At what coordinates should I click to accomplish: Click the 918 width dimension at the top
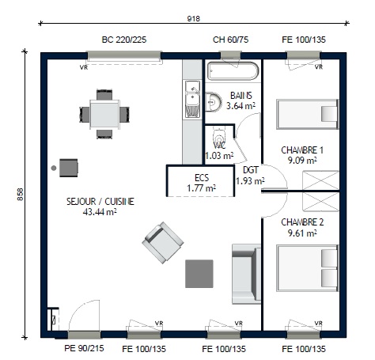tap(194, 19)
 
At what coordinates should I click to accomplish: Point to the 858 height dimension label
tap(21, 195)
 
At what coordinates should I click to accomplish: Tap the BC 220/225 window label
tap(124, 40)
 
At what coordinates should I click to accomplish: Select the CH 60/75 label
tap(230, 40)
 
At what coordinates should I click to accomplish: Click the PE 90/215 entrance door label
tap(84, 348)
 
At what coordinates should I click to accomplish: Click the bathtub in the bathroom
tap(233, 71)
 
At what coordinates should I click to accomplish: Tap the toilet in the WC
tap(219, 137)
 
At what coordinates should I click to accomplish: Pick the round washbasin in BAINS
tap(214, 102)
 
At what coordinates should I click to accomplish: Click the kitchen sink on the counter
tap(192, 99)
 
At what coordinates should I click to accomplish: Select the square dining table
tap(104, 114)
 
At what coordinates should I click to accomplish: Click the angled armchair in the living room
tap(163, 243)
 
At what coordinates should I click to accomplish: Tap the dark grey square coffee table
tap(199, 274)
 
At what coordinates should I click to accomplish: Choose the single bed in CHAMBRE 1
tap(307, 114)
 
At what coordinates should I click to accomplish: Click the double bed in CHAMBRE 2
tap(307, 268)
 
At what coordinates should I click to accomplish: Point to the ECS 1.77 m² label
tap(202, 183)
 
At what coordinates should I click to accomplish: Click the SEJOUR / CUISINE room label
tap(100, 202)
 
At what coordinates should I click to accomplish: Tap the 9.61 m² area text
tap(302, 233)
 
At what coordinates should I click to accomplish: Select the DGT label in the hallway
tap(251, 170)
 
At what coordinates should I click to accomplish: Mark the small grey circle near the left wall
tap(54, 168)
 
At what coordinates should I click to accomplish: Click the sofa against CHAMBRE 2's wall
tap(246, 274)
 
